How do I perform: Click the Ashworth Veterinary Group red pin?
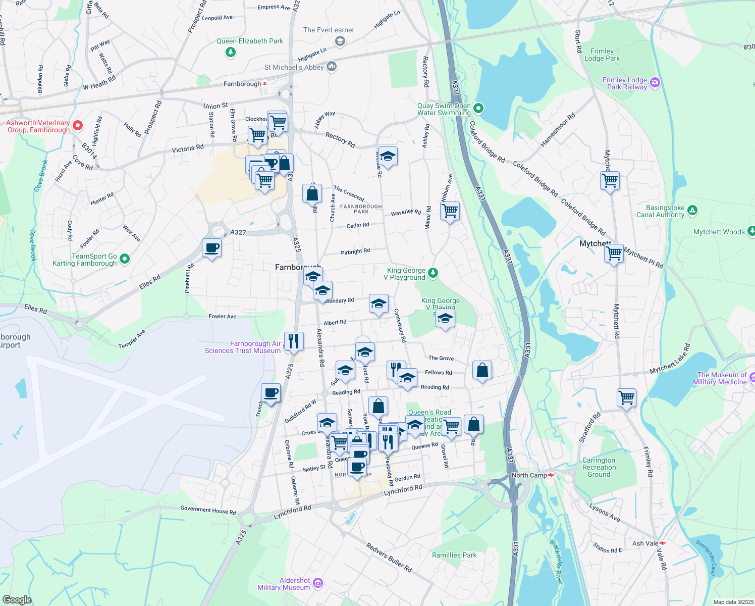(x=78, y=125)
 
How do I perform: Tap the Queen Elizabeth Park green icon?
(x=231, y=52)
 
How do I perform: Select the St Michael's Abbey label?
(x=294, y=67)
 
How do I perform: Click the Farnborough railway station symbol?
(x=265, y=84)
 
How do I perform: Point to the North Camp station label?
(x=529, y=475)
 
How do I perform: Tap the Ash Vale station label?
(x=645, y=543)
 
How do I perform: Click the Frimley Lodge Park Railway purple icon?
(x=655, y=82)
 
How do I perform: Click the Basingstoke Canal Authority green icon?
(x=692, y=210)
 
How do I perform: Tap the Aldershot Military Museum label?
(x=284, y=584)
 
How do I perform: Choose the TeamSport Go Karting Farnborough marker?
(x=125, y=259)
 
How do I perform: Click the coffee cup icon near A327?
(x=211, y=248)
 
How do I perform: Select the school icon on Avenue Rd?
(x=388, y=157)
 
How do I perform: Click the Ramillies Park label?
(x=454, y=555)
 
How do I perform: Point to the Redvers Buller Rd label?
(x=389, y=558)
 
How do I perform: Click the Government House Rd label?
(x=208, y=510)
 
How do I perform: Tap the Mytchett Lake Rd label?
(x=670, y=359)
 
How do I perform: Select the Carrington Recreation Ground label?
(x=599, y=467)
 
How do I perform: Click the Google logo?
(x=17, y=599)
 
